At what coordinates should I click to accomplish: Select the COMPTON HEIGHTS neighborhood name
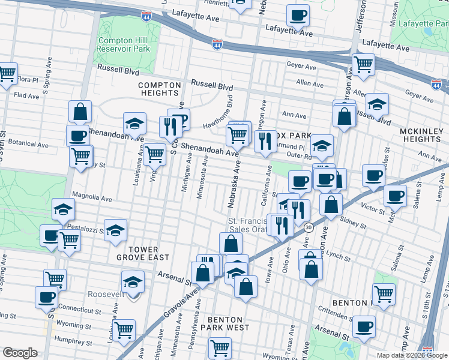[x=159, y=89]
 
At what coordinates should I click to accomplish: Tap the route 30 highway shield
[x=309, y=227]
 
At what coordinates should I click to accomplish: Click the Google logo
[x=20, y=353]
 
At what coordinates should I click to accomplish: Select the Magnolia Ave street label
[x=92, y=196]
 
